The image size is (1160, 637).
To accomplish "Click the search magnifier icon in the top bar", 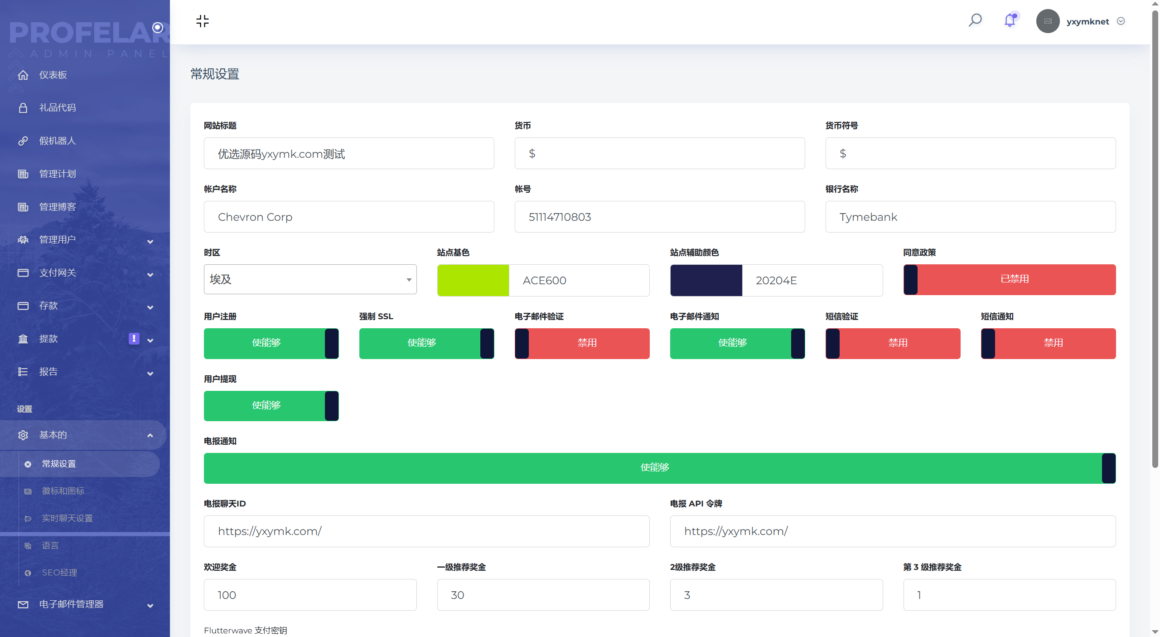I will pos(975,20).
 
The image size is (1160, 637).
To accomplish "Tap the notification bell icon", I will pos(1010,20).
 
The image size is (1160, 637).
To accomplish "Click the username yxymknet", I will pos(1087,21).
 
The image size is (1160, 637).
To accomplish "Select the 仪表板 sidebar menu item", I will pos(53,75).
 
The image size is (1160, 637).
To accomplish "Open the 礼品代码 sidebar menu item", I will pos(58,107).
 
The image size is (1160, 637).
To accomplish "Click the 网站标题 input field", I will pos(349,154).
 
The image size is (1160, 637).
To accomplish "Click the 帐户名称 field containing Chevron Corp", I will pos(349,217).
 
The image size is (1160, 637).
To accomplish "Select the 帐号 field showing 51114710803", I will pos(659,217).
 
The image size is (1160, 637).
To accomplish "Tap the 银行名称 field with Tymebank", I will pos(970,217).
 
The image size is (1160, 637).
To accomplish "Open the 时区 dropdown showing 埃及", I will pos(310,279).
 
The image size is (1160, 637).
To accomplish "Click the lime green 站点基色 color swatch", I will pos(473,280).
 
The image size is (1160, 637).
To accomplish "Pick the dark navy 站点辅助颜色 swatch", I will pos(706,280).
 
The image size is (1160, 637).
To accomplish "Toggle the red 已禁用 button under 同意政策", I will pos(1010,279).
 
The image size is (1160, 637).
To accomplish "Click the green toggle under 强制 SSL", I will pos(426,343).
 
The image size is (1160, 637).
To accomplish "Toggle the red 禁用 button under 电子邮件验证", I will pos(582,343).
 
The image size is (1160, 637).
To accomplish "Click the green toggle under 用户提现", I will pos(271,406).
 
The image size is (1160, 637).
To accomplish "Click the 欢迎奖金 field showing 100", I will pos(310,595).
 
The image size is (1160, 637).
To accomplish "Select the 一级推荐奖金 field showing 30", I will pos(543,595).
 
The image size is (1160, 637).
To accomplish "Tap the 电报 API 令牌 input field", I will pos(893,531).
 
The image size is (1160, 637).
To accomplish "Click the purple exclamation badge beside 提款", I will pos(134,339).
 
